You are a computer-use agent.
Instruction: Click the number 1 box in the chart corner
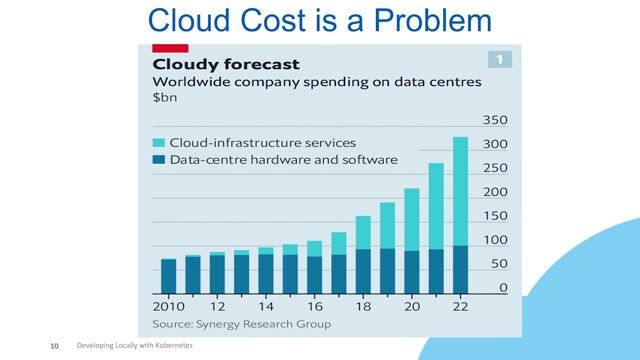(500, 58)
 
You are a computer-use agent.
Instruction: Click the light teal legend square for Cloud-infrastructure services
(159, 142)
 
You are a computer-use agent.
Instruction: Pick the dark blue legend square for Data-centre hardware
(159, 159)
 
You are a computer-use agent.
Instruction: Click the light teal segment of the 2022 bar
(460, 190)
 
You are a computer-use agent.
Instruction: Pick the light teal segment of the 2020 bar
(411, 219)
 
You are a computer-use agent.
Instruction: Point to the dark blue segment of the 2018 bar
(363, 269)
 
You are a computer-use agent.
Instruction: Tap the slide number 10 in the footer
(56, 345)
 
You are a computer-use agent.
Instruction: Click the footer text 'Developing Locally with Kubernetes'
(134, 345)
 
